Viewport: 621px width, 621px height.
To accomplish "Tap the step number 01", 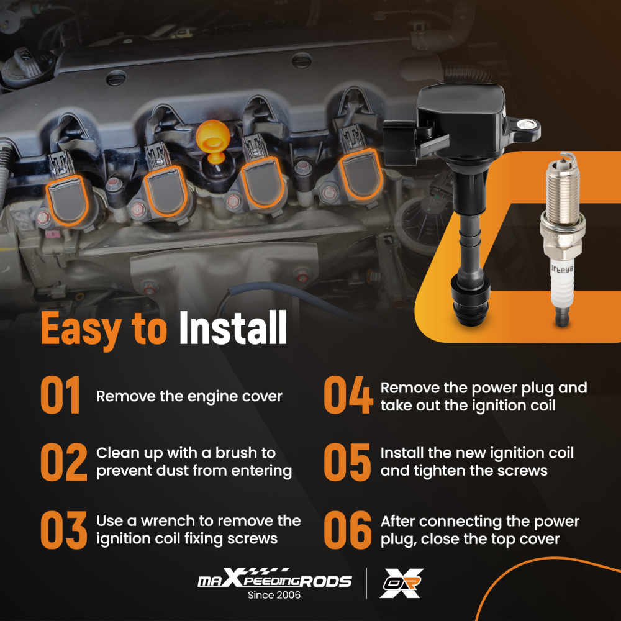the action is [61, 395].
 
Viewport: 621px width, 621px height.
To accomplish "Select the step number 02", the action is [64, 462].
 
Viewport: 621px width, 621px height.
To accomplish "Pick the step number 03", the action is [64, 530].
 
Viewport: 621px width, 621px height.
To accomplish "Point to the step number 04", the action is [348, 395].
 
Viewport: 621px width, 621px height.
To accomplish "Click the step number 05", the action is [347, 462].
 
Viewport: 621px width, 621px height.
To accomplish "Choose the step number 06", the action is [348, 530].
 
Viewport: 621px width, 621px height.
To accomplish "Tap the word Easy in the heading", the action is [81, 330].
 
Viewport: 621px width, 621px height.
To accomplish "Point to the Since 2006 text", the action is [274, 595].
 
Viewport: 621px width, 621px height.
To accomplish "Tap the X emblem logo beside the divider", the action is [401, 583].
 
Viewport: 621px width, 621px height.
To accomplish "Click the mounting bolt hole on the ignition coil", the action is [527, 125].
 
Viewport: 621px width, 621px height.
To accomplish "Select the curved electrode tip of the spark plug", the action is [567, 157].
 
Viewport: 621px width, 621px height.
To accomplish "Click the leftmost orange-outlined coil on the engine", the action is [67, 201].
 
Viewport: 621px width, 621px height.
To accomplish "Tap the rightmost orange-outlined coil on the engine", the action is [360, 175].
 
